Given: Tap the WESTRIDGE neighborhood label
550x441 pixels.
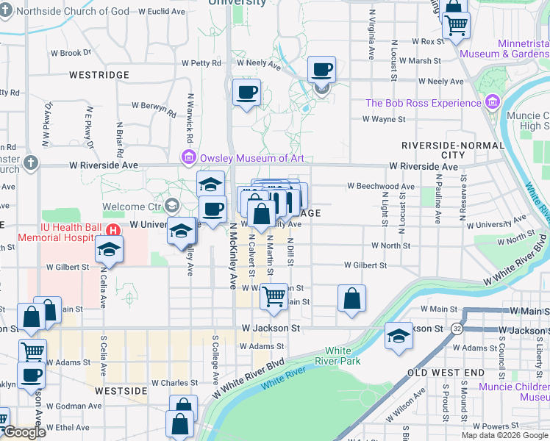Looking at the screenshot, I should click(99, 75).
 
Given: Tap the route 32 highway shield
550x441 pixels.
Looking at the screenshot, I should click(457, 326).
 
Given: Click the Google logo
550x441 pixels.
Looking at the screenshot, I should click(24, 432).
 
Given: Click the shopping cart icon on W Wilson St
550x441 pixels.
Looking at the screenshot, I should click(274, 296).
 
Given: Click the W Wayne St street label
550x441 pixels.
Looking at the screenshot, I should click(385, 119).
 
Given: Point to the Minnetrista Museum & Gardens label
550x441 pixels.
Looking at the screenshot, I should click(504, 49).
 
